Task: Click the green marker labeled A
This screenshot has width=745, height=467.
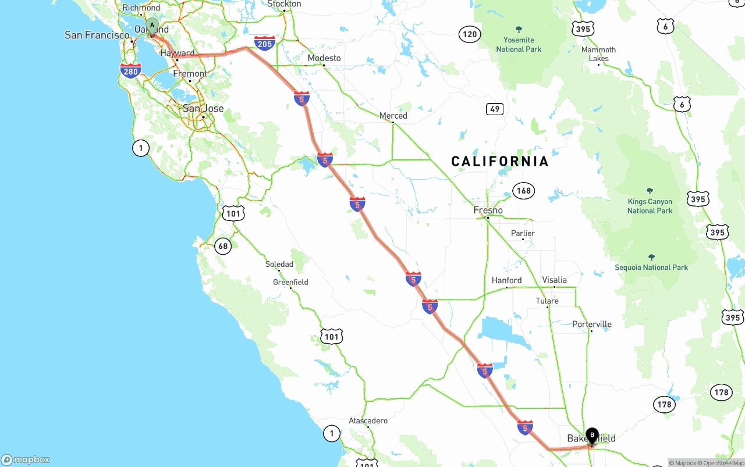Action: click(152, 26)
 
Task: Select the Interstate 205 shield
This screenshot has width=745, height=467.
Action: click(265, 42)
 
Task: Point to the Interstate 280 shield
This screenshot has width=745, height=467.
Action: click(131, 71)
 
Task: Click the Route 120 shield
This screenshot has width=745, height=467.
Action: click(469, 34)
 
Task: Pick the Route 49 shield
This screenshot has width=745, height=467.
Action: click(495, 109)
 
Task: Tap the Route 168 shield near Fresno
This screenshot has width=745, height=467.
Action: click(523, 190)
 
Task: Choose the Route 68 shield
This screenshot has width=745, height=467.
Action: click(223, 246)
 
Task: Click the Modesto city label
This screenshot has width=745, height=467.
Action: click(324, 58)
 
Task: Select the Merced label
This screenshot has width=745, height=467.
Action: click(393, 116)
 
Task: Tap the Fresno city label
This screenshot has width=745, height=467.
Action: click(488, 210)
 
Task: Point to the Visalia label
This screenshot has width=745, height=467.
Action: click(554, 280)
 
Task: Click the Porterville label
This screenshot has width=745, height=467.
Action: click(592, 324)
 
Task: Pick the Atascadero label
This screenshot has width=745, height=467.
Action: click(368, 420)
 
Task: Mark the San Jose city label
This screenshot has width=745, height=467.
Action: click(203, 108)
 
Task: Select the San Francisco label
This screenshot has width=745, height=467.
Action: click(97, 35)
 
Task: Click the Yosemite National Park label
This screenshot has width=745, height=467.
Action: click(519, 44)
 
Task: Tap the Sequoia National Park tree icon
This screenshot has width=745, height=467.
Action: click(651, 257)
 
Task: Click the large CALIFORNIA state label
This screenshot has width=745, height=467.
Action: click(500, 161)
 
